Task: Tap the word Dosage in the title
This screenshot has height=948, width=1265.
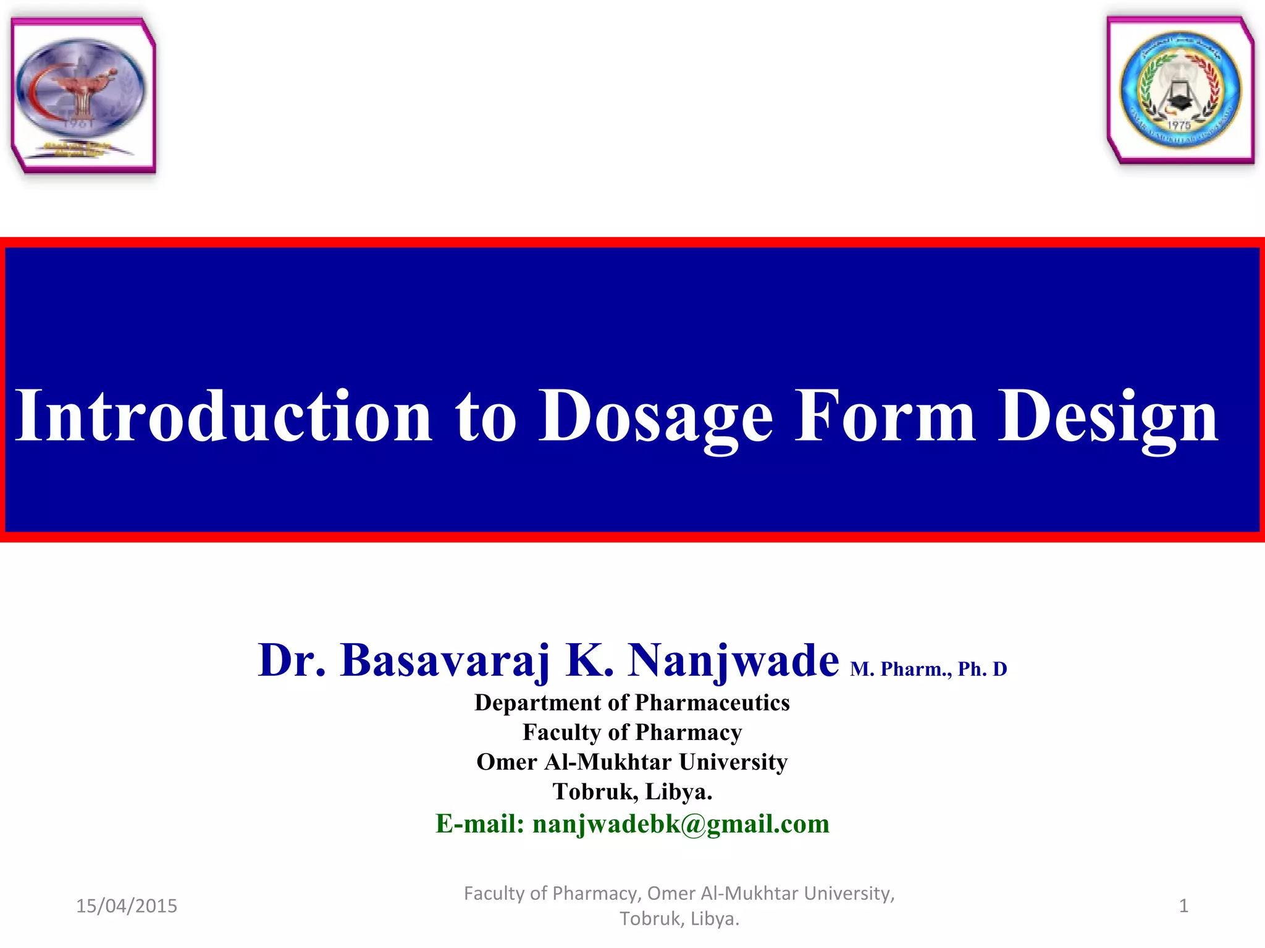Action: [656, 416]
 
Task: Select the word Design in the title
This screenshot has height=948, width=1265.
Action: [1108, 416]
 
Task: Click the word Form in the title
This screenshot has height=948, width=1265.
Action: [885, 416]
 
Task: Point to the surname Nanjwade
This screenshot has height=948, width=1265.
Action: [733, 660]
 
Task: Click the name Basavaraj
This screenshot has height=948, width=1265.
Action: [445, 660]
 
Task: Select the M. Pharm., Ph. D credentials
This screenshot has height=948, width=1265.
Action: [928, 669]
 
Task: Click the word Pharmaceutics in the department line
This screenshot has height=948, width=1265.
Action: [712, 703]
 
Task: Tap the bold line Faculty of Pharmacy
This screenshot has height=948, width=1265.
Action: [632, 733]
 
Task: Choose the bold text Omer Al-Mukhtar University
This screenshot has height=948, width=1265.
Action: [632, 762]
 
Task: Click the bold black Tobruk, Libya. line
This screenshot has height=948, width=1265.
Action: [632, 792]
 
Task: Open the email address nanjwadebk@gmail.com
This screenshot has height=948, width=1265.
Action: [681, 824]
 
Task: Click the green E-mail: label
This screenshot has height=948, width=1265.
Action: [480, 824]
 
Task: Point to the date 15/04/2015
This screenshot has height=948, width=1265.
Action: [127, 906]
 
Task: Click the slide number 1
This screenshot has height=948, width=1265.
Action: [1183, 906]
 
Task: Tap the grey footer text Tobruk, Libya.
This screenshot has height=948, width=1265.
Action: [679, 919]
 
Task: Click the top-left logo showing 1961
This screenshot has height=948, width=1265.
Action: [83, 96]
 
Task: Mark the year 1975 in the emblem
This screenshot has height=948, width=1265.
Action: [1179, 125]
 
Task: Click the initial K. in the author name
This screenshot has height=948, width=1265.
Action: [589, 660]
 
